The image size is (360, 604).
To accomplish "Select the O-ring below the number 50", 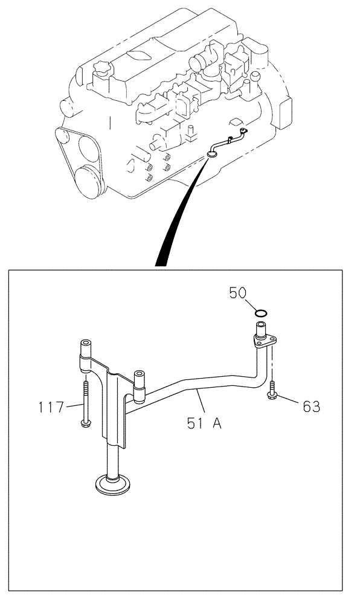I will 261,313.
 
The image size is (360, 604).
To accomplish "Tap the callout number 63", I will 311,406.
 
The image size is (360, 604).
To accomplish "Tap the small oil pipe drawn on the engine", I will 227,141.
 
